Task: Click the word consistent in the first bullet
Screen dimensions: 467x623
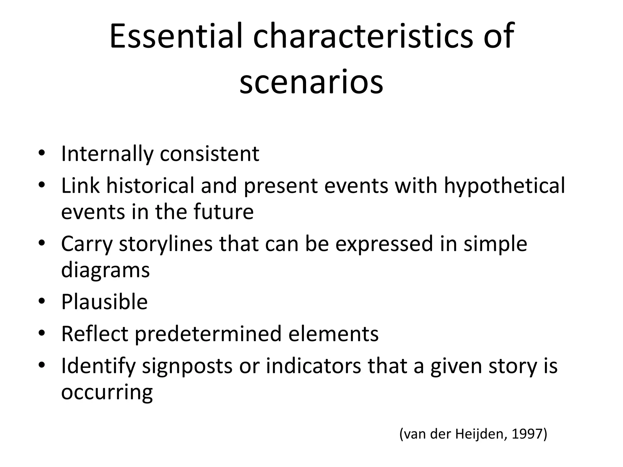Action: click(209, 154)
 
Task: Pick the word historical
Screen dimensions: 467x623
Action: click(150, 185)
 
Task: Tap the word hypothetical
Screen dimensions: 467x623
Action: click(504, 185)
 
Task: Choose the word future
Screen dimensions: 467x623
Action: click(224, 212)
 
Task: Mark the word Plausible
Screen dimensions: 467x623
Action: click(104, 302)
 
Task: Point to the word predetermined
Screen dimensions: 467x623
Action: click(208, 334)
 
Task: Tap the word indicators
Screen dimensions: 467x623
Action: click(313, 366)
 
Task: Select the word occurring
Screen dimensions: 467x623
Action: click(107, 392)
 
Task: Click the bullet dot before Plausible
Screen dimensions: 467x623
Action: click(42, 301)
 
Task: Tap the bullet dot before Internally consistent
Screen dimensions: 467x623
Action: click(42, 153)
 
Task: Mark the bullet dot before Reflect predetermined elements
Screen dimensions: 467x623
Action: click(42, 333)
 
